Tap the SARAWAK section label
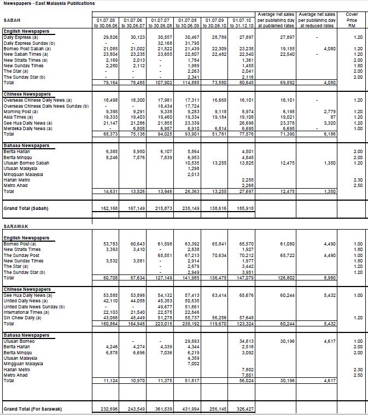tap(16, 225)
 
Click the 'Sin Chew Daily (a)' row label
tap(22, 317)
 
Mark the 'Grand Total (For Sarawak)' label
tap(32, 409)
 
